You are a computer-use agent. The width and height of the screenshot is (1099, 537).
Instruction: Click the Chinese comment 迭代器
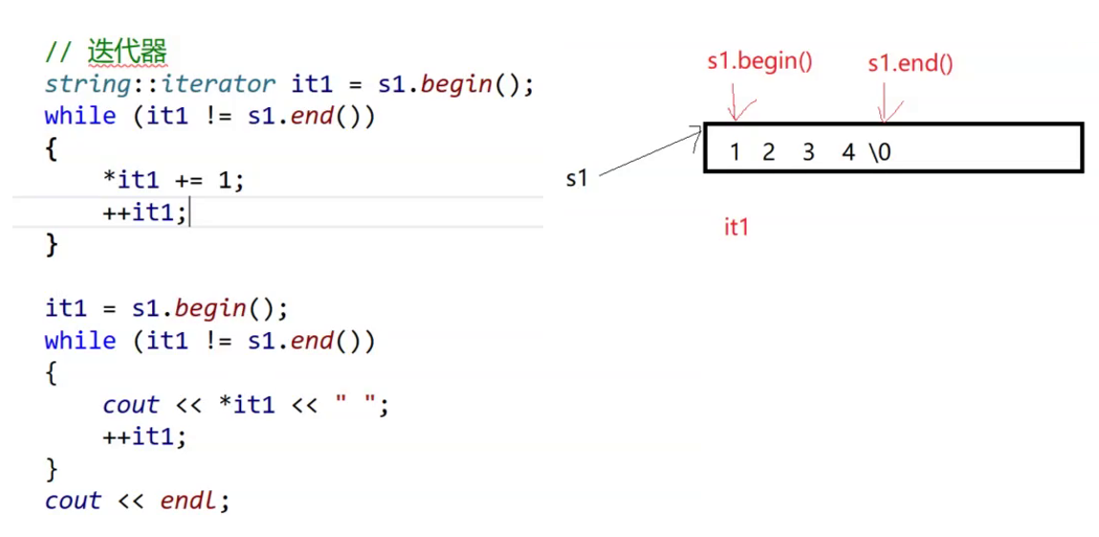128,51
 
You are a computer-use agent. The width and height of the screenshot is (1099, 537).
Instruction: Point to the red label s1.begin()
759,62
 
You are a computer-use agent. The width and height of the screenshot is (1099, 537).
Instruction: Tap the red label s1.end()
910,64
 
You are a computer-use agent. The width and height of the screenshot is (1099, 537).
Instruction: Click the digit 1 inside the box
735,151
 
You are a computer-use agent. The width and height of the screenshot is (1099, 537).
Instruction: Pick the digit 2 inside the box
768,151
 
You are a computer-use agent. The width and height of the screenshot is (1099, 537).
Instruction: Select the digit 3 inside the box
808,151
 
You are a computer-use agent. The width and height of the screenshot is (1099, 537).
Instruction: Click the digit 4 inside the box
848,151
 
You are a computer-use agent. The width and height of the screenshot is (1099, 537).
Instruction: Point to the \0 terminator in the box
880,151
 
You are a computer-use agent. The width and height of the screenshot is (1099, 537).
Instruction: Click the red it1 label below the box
736,227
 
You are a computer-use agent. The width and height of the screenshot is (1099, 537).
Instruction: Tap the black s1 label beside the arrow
576,178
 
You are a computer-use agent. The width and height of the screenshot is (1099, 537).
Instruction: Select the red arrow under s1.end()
887,103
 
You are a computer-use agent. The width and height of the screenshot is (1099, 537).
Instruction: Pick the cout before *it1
131,405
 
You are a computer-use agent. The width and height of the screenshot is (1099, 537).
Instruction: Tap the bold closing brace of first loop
52,244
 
